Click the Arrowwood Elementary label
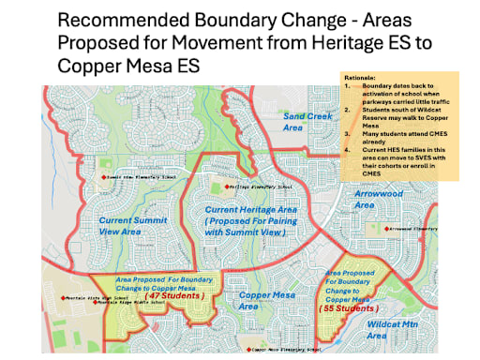point(413,228)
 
